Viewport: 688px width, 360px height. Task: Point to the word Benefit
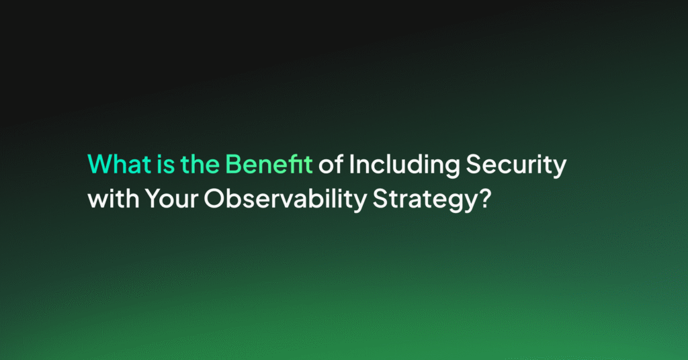[x=269, y=164]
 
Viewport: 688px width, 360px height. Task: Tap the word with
[x=114, y=198]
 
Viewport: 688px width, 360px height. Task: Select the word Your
[x=171, y=198]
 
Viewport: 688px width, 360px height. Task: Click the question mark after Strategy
[x=484, y=198]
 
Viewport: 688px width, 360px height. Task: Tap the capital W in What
[x=101, y=164]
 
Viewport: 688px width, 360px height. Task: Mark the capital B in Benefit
[x=234, y=164]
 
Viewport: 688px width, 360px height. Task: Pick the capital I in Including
[x=351, y=164]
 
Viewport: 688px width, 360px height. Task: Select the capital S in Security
[x=474, y=164]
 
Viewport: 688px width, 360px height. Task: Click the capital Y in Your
[x=154, y=198]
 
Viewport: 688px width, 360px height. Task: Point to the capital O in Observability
[x=214, y=198]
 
